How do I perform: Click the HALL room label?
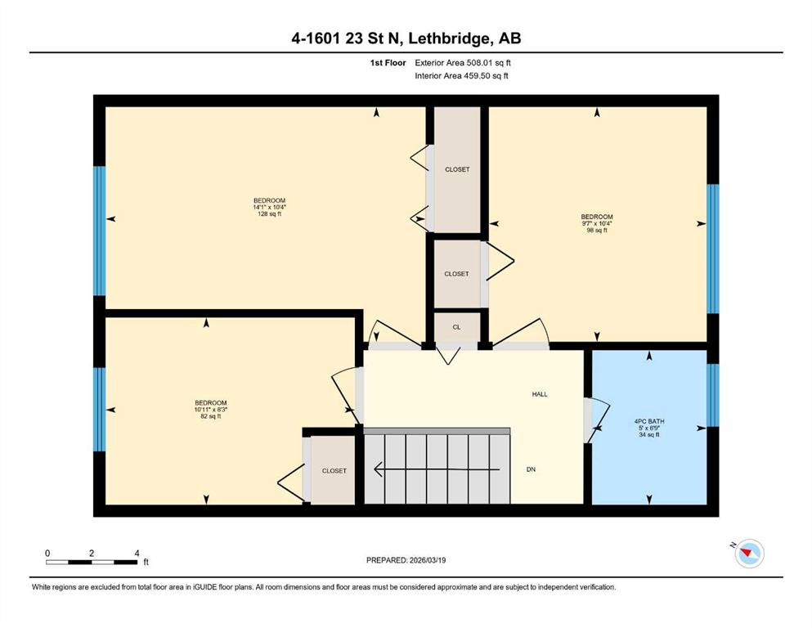[540, 394]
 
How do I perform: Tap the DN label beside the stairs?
[531, 469]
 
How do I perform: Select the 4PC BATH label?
[649, 421]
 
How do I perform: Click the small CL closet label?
[456, 327]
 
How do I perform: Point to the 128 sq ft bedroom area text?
[269, 213]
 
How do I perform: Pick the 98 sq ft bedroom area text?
[597, 231]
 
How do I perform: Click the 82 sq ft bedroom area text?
[211, 416]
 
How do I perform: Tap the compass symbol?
[748, 553]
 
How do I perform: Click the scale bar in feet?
[92, 562]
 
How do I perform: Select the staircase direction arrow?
[437, 469]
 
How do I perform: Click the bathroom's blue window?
[713, 395]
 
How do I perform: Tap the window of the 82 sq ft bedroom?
[99, 410]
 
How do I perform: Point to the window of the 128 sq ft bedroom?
[99, 231]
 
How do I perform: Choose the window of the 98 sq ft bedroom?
[713, 249]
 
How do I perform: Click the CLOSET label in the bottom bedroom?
[334, 471]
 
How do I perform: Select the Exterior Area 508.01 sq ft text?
[463, 63]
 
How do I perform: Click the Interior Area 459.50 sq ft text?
[461, 76]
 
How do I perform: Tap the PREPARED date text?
[406, 560]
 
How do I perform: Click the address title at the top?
[406, 38]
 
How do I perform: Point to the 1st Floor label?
[388, 63]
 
